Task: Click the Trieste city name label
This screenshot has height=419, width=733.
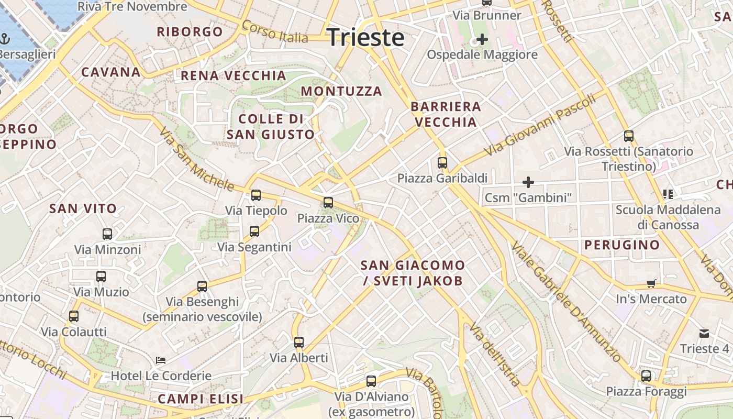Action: (x=365, y=38)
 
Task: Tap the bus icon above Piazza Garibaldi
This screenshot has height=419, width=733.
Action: (x=442, y=163)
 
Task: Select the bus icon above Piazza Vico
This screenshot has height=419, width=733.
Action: (x=328, y=203)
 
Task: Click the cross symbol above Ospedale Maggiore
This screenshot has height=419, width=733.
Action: (x=482, y=39)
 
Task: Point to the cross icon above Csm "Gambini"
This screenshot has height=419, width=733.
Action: (x=528, y=182)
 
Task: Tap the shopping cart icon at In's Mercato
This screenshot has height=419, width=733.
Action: (x=651, y=284)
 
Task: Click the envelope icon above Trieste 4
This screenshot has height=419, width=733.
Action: (x=704, y=333)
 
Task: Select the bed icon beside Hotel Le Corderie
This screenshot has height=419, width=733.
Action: (x=161, y=360)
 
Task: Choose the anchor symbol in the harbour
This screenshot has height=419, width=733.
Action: (x=5, y=39)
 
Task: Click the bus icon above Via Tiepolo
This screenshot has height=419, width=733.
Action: (x=256, y=195)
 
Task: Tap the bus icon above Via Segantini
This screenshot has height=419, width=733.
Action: (x=254, y=231)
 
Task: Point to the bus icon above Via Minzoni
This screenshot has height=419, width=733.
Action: (x=107, y=234)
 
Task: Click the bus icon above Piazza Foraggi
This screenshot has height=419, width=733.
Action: (x=646, y=376)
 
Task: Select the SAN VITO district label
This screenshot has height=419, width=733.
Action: (x=83, y=208)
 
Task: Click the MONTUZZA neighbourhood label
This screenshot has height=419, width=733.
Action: (x=341, y=91)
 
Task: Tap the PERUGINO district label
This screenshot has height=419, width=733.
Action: (x=622, y=245)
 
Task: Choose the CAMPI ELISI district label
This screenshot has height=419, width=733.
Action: (x=201, y=399)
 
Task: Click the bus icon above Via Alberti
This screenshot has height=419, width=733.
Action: (x=299, y=343)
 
